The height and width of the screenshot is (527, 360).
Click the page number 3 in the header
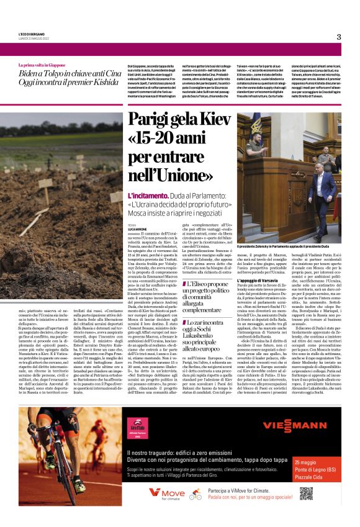[339, 36]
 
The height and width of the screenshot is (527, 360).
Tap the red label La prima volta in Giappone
[42, 65]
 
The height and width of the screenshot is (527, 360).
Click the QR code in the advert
[307, 493]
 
